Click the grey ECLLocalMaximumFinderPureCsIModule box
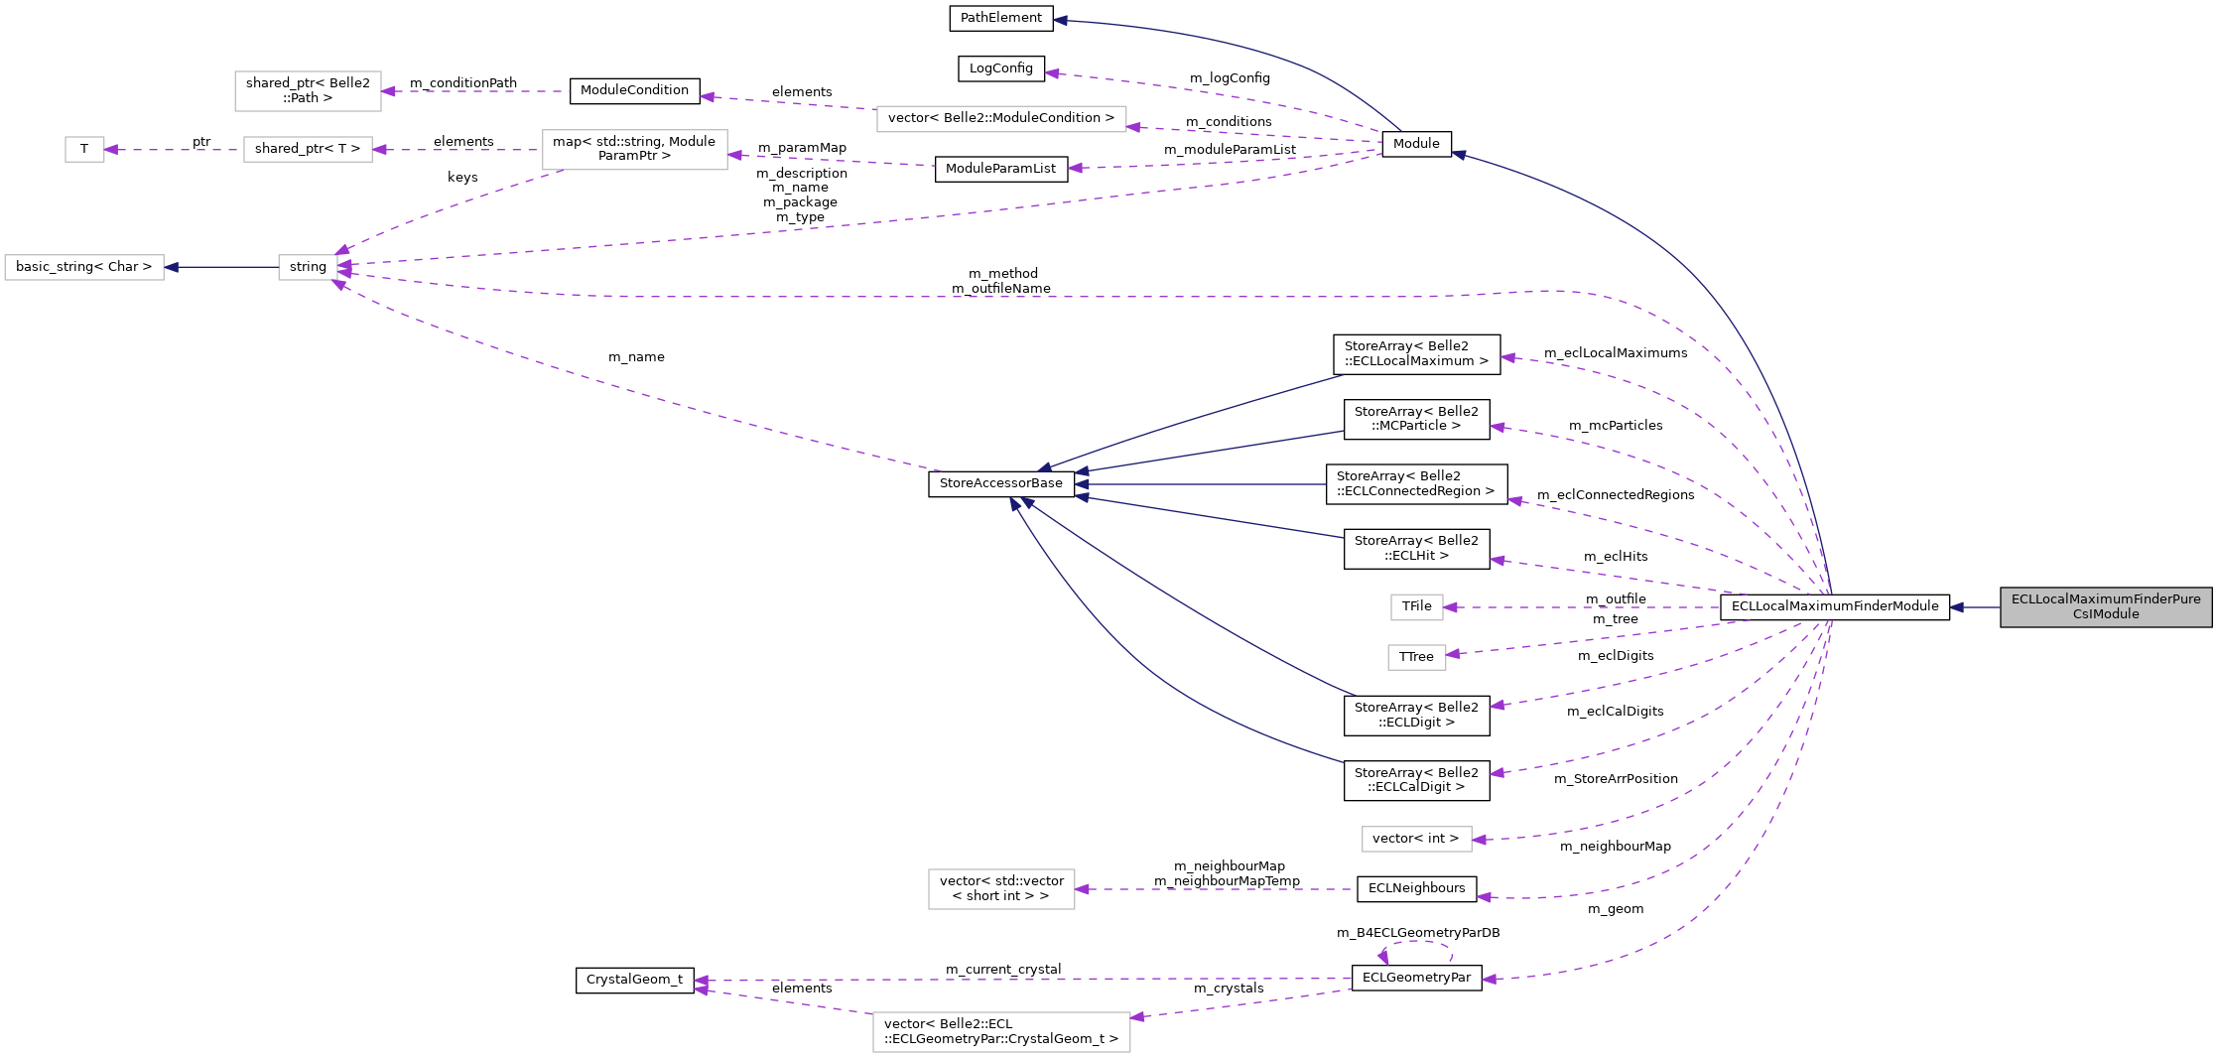coord(2106,606)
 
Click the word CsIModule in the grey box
coord(2106,614)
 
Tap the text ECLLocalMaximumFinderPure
coord(2106,599)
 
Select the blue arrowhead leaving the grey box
coord(1957,607)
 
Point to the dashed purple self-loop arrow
coord(1416,944)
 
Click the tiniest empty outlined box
coord(84,150)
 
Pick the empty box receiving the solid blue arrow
coord(84,268)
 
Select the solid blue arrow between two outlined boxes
coord(222,267)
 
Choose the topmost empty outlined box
coord(308,91)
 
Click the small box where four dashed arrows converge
coord(308,268)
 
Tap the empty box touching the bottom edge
coord(1001,1032)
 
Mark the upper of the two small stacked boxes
coord(1416,607)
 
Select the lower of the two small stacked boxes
coord(1416,657)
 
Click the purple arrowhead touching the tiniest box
coord(111,150)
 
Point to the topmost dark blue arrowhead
coord(1060,20)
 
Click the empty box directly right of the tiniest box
coord(308,150)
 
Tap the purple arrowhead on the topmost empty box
coord(388,91)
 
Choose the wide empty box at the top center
coord(1001,119)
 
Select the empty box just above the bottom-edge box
coord(1001,889)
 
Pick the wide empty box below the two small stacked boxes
coord(1416,840)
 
